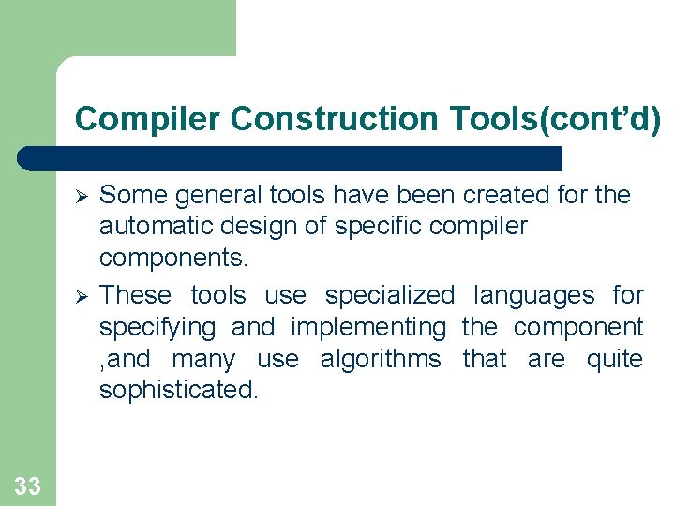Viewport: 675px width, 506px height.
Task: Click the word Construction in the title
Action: (333, 119)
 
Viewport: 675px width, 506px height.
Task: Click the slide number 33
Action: (28, 485)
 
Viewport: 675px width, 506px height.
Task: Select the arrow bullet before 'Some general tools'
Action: (82, 196)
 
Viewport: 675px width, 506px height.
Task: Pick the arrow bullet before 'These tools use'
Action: (82, 296)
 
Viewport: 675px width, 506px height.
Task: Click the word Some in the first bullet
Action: (130, 195)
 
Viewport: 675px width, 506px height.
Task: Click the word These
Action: (136, 295)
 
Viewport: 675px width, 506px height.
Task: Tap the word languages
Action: (533, 295)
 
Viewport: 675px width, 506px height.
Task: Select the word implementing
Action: (369, 327)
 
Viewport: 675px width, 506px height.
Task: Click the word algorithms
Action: (381, 359)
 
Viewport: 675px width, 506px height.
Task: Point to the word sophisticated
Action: (178, 391)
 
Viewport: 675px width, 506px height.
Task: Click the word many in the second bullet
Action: (203, 359)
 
